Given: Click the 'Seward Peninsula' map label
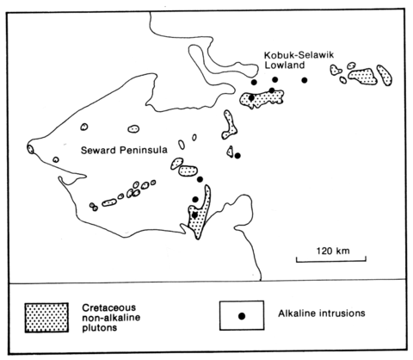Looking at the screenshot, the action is [124, 150].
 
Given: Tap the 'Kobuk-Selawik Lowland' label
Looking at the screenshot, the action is [299, 59].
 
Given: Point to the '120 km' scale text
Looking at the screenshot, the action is [333, 251].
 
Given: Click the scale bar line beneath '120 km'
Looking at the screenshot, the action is [331, 261].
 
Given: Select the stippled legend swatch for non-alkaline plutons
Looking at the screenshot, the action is [46, 318].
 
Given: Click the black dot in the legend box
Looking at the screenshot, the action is [242, 316].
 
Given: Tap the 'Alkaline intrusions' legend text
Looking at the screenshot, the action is [322, 313].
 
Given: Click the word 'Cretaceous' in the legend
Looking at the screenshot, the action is [109, 307].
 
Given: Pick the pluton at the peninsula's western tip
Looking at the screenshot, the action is [30, 149].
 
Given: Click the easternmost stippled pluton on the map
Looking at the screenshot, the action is [385, 75].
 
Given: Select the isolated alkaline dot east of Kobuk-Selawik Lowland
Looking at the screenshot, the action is [305, 80].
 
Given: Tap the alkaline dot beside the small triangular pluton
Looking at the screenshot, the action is [237, 156].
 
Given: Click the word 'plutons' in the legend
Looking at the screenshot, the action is [100, 328].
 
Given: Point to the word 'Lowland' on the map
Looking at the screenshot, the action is [285, 65].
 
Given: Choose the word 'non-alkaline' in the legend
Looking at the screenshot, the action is [111, 318].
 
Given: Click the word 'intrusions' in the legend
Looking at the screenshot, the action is [342, 313].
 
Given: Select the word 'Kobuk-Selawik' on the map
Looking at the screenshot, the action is [299, 55].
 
